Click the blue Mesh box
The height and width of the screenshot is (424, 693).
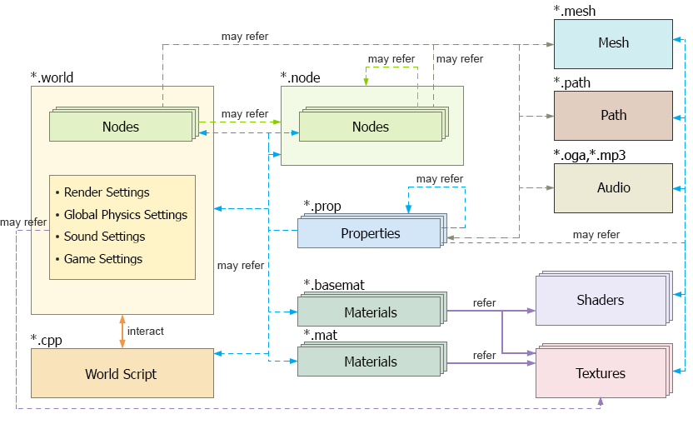click(x=613, y=43)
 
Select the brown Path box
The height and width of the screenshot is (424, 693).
click(x=613, y=116)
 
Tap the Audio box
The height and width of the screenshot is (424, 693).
click(x=613, y=188)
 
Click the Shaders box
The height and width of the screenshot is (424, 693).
click(x=600, y=300)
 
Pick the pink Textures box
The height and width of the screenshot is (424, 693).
click(x=600, y=373)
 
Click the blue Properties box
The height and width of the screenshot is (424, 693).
click(x=369, y=234)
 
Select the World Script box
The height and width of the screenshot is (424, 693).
click(x=122, y=374)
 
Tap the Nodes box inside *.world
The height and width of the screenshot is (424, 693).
click(x=121, y=127)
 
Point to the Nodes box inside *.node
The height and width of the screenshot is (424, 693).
click(x=371, y=127)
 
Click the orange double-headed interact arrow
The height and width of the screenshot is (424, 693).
click(x=122, y=332)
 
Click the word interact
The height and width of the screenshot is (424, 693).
click(x=146, y=332)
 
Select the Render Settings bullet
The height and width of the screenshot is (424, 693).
click(x=106, y=192)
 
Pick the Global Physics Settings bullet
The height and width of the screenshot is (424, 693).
click(x=125, y=215)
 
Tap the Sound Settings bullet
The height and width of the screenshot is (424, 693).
click(x=104, y=237)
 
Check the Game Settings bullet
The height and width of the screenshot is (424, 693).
click(x=102, y=259)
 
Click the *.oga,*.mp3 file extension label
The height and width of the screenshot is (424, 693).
click(x=589, y=155)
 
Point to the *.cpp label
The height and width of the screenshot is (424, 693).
click(x=47, y=340)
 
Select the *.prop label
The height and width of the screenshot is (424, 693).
click(x=322, y=207)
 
